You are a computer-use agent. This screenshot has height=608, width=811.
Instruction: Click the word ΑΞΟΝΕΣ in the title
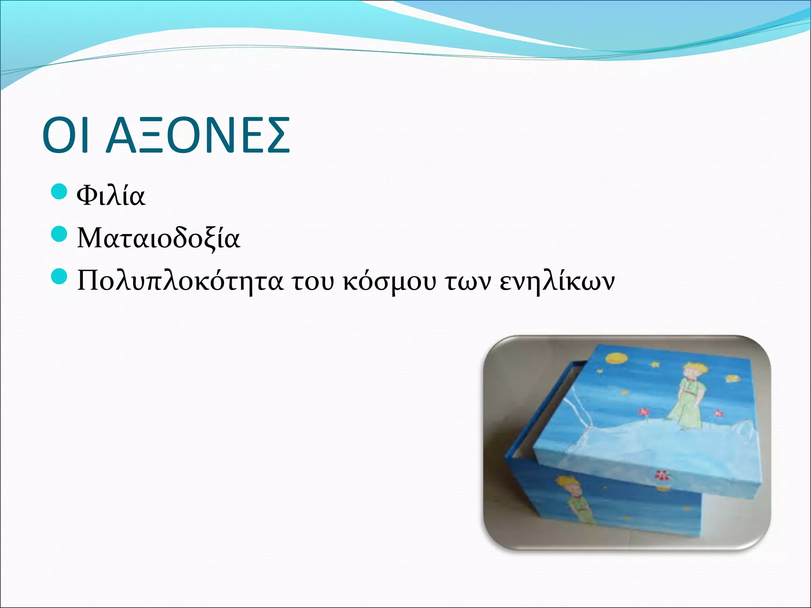tap(198, 135)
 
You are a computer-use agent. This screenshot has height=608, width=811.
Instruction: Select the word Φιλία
tap(111, 196)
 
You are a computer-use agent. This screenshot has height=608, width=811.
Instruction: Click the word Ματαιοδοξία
tap(158, 238)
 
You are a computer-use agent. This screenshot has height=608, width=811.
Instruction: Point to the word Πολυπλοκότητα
tap(180, 281)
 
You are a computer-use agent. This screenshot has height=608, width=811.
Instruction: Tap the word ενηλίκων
tap(557, 281)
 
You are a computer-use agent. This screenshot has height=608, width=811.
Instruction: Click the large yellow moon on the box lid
tap(616, 359)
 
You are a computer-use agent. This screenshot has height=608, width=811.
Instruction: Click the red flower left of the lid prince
tap(644, 412)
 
